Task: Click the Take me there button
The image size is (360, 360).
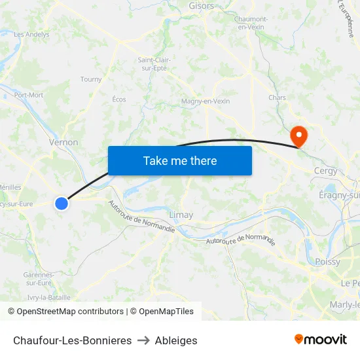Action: [x=180, y=160]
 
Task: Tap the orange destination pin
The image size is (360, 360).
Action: [x=299, y=135]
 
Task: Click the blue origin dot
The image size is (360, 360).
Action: [x=62, y=204]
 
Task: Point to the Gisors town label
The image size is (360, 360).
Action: [x=201, y=6]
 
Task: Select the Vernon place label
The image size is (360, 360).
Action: [x=63, y=142]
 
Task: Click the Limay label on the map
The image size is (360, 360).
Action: [x=181, y=214]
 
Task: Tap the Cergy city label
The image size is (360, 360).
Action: [x=326, y=171]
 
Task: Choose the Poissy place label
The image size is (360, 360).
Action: [x=327, y=262]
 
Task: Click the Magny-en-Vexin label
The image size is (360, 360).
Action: [x=206, y=101]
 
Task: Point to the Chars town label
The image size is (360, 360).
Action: [x=278, y=98]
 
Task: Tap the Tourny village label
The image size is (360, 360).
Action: [x=91, y=79]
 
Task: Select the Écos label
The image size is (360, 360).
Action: [x=119, y=99]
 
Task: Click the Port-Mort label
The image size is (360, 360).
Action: [x=29, y=95]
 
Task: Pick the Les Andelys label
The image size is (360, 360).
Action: [x=31, y=35]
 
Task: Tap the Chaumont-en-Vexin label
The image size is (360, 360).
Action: [x=251, y=23]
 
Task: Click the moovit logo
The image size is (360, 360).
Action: [x=321, y=339]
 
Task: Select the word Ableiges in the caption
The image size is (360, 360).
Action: [x=176, y=340]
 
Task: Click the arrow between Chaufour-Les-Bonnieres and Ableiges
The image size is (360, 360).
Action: [x=143, y=340]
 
